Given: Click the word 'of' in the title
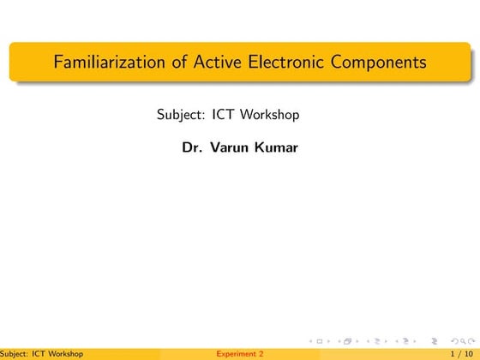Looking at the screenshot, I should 158,63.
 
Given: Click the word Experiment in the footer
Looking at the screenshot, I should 237,353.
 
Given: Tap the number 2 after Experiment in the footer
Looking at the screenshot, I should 261,353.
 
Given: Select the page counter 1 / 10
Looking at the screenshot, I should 459,353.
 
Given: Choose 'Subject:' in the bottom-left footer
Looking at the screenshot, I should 15,353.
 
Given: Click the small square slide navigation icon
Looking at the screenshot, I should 320,341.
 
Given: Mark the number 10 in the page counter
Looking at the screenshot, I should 466,353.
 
